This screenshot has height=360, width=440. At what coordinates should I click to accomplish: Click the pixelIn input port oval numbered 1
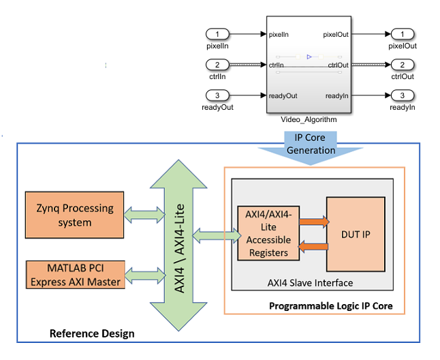click(218, 33)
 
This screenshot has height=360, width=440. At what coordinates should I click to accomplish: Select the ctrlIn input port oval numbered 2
click(218, 65)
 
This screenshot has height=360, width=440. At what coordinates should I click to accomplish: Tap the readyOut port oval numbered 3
click(218, 95)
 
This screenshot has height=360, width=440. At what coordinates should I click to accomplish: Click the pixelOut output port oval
click(402, 33)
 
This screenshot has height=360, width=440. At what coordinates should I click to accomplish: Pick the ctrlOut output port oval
click(402, 65)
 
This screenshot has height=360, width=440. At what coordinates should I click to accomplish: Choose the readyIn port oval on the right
click(402, 95)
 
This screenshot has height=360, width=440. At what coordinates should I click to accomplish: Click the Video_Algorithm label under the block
click(309, 119)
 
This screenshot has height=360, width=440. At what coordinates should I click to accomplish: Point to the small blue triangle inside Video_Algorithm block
click(309, 57)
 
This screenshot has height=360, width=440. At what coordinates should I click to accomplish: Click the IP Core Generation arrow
click(310, 147)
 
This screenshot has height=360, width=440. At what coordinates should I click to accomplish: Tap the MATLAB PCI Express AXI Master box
click(75, 273)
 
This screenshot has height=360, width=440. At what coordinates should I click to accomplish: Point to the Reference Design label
click(92, 333)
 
